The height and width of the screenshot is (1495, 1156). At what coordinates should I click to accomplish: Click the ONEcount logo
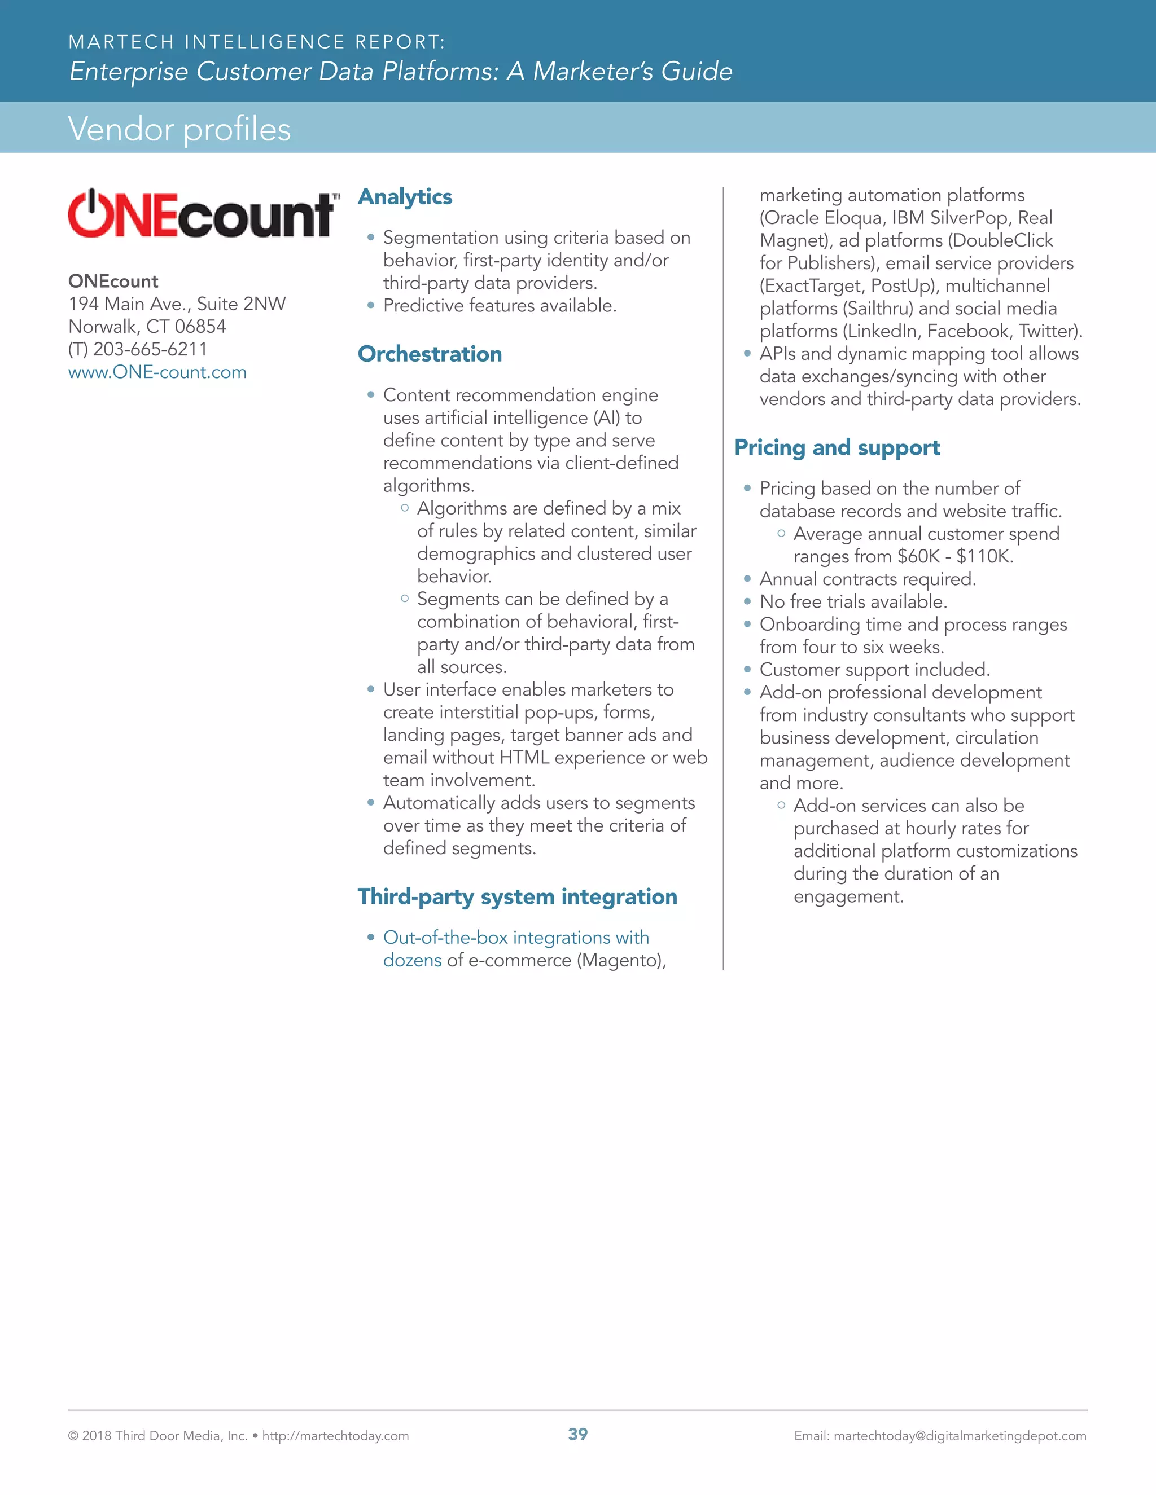coord(203,214)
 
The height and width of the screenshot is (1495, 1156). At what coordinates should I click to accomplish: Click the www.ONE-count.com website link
coord(157,372)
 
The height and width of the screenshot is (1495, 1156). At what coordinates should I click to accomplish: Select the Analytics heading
coord(405,196)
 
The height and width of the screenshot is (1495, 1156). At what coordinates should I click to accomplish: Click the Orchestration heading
coord(430,354)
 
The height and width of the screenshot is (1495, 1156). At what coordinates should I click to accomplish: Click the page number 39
coord(577,1434)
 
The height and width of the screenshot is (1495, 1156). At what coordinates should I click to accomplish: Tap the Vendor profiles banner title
coord(179,129)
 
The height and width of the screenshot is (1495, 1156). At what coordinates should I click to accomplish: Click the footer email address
coord(960,1435)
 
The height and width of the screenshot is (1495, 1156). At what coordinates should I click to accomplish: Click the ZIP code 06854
coord(200,327)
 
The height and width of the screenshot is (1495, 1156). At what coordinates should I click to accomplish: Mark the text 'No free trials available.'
coord(853,602)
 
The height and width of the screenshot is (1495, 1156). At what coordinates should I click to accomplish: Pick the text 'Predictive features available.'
coord(499,305)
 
